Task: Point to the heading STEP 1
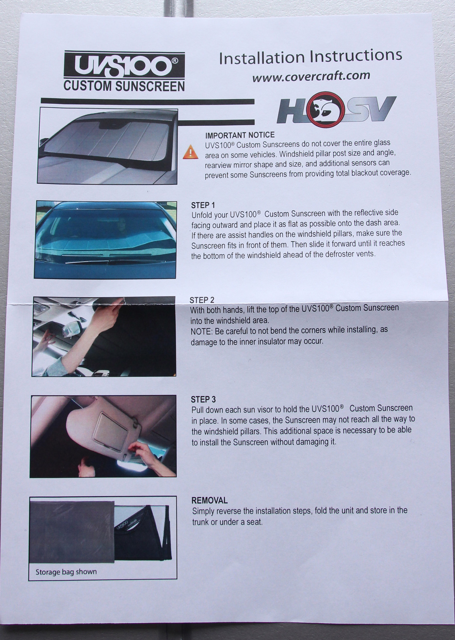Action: point(203,205)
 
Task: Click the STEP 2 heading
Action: point(202,300)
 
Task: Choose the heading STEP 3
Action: point(204,399)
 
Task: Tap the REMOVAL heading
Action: point(210,500)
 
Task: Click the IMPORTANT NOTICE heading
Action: point(240,135)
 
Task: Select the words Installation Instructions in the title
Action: point(311,56)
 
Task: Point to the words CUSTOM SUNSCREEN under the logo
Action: point(124,86)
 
